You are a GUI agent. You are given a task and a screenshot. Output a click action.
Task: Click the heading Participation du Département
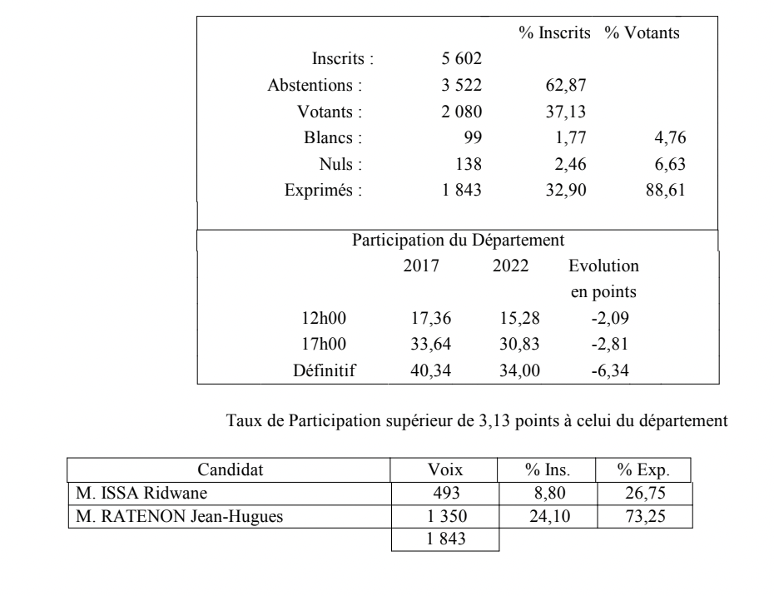pyautogui.click(x=459, y=241)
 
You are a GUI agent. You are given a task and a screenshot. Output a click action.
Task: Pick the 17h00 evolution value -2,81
pyautogui.click(x=603, y=345)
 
